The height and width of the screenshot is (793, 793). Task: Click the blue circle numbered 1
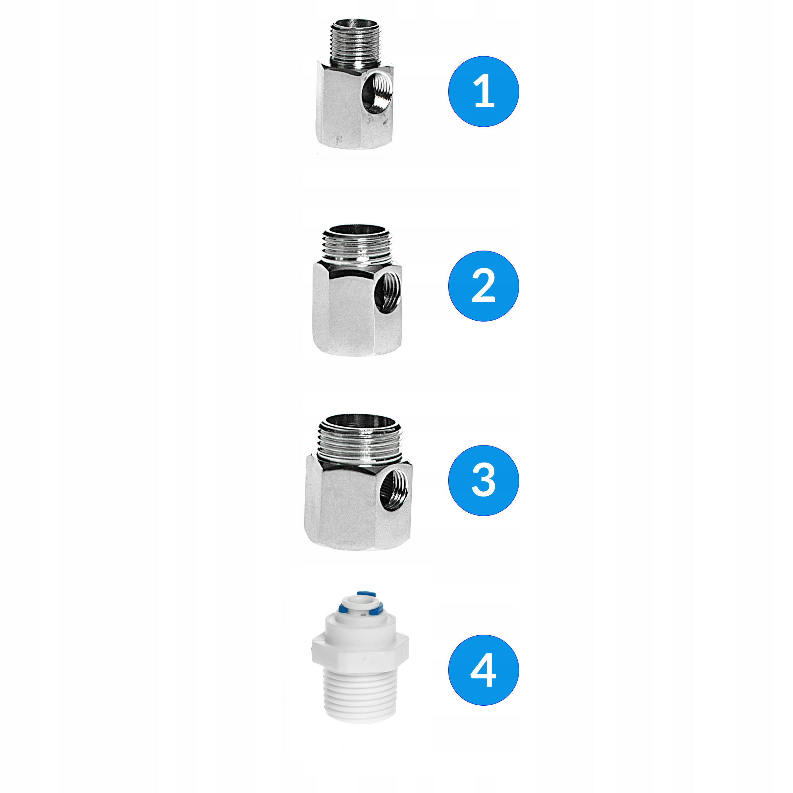pyautogui.click(x=483, y=91)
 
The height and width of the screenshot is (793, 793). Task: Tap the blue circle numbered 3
pyautogui.click(x=483, y=480)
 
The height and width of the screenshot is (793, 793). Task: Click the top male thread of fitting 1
pyautogui.click(x=355, y=45)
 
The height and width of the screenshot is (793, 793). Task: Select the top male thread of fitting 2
pyautogui.click(x=359, y=246)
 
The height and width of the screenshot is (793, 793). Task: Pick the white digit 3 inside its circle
pyautogui.click(x=483, y=480)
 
